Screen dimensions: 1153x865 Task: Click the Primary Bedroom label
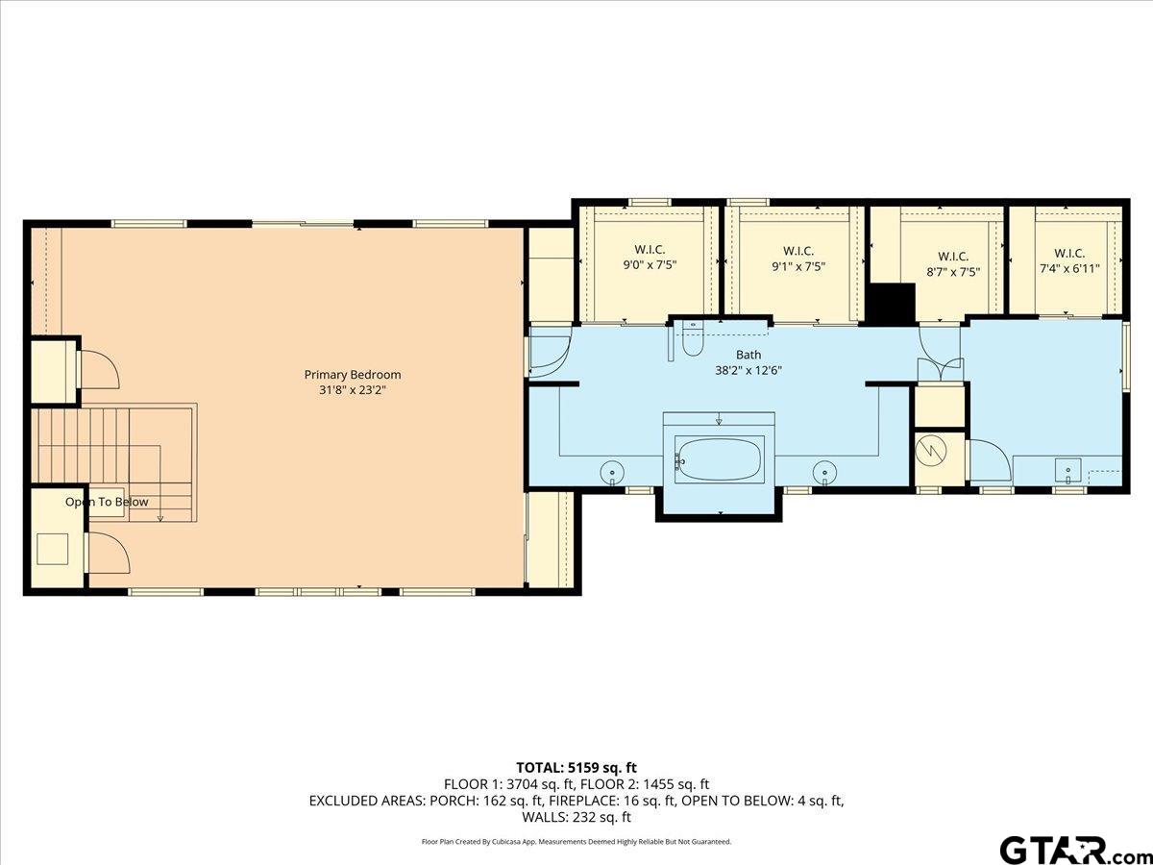[353, 375]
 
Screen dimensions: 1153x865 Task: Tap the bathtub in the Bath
[719, 459]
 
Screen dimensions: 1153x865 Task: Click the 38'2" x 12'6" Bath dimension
[748, 370]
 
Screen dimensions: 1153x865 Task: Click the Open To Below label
[107, 502]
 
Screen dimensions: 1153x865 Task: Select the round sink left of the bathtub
[611, 472]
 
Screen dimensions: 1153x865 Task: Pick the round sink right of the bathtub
[824, 472]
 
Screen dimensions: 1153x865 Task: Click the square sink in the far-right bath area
[1067, 471]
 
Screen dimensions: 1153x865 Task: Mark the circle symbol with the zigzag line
[931, 451]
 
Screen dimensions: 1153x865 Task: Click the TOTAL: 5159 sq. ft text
[576, 768]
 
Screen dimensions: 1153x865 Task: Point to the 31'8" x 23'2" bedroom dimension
[353, 391]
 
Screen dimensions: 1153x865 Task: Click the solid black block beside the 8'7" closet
[892, 302]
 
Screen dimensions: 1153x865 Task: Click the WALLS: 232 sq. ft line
[576, 817]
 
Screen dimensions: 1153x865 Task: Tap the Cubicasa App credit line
[576, 841]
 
